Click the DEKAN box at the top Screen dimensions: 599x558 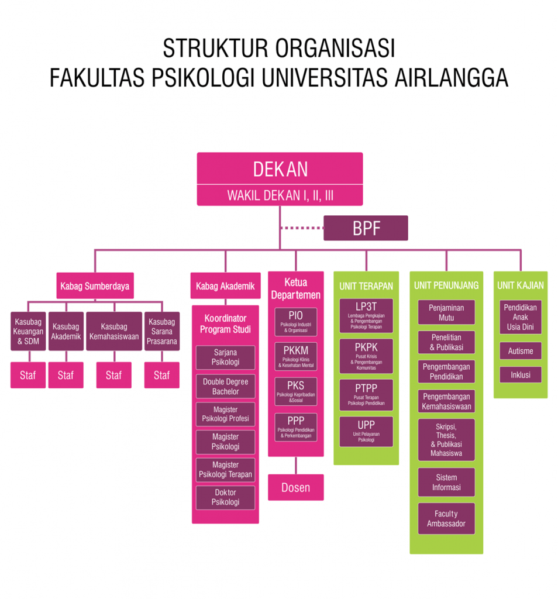280,169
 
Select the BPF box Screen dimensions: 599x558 366,228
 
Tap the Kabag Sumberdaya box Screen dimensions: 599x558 95,287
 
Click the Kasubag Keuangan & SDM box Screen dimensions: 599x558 28,331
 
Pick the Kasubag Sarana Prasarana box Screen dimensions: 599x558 161,331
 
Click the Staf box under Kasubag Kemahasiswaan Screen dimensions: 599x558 113,375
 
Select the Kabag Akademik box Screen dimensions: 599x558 225,286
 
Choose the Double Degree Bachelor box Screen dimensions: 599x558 225,386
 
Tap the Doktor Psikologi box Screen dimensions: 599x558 225,497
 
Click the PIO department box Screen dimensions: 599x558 295,322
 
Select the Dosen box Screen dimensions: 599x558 295,487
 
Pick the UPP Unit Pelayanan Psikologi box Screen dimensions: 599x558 366,431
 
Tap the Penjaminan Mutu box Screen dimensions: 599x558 446,312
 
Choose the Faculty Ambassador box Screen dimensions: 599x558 446,519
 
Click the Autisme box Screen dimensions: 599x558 521,351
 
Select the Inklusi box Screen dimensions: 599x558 521,374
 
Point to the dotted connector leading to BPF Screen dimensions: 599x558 302,228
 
